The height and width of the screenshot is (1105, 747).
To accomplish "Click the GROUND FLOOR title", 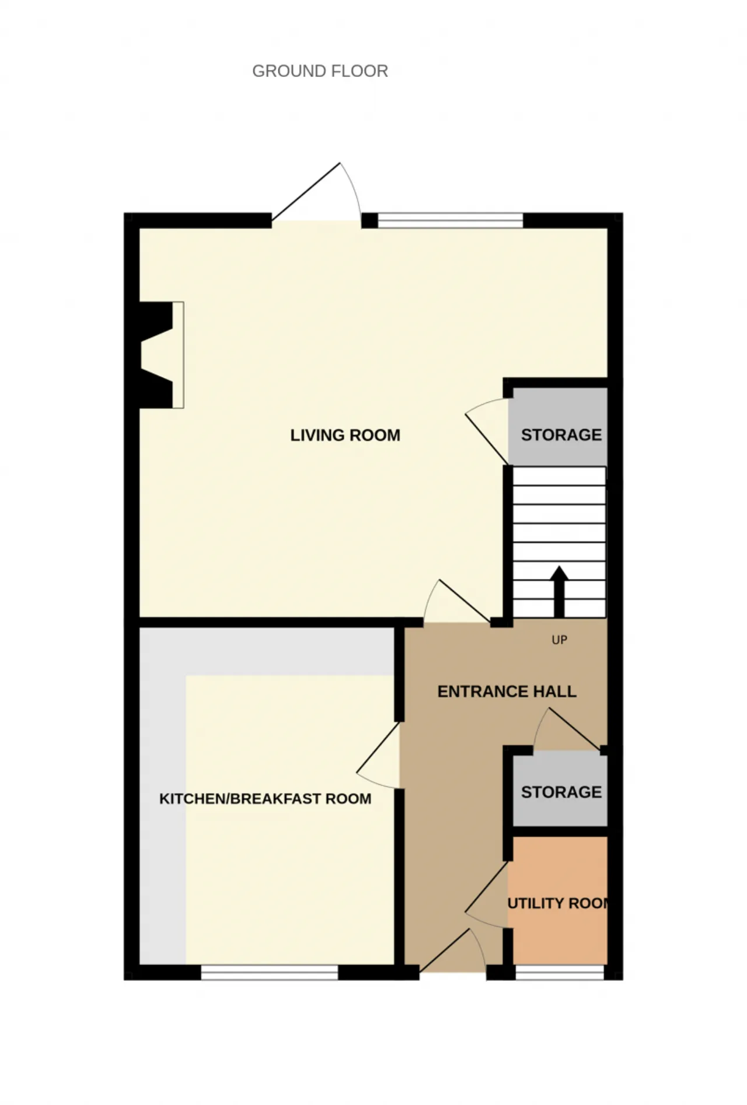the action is [x=320, y=71].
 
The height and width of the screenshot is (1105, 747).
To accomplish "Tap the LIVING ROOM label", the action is [x=345, y=435].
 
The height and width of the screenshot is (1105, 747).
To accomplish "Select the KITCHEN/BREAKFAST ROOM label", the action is [x=266, y=798].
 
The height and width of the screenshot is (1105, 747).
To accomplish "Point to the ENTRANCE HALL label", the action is [x=507, y=692].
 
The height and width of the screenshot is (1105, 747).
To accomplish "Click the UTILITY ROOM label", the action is [x=558, y=903].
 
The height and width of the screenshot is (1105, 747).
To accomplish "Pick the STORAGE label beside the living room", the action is [x=561, y=435].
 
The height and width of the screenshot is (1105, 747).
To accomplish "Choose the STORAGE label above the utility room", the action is [x=561, y=792].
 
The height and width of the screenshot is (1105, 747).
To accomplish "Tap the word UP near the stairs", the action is [x=559, y=640].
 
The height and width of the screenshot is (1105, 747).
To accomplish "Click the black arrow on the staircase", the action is [x=559, y=591].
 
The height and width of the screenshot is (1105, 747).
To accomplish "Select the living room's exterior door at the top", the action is [x=316, y=192].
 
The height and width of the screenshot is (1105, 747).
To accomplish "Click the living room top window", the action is [x=451, y=220].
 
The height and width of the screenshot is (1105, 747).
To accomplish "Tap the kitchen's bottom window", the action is [x=270, y=972].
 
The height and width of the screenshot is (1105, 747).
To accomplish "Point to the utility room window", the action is [x=559, y=972].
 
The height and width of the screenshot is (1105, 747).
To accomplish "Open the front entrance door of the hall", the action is [x=453, y=951].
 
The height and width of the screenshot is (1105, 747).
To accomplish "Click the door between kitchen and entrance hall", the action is [x=378, y=756].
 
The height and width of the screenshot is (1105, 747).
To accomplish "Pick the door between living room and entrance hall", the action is [x=456, y=602].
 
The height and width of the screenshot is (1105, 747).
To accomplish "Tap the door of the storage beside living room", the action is [x=487, y=432].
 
